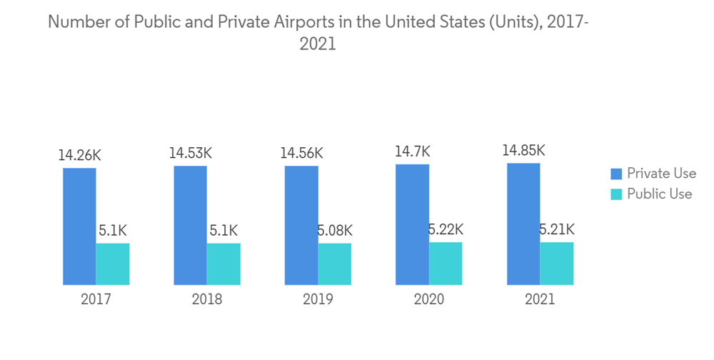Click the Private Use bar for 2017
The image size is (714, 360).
pyautogui.click(x=79, y=226)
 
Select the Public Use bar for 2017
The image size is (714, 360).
pyautogui.click(x=113, y=264)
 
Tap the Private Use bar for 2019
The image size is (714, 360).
pyautogui.click(x=301, y=225)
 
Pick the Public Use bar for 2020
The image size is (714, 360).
pyautogui.click(x=446, y=263)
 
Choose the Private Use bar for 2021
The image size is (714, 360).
pyautogui.click(x=523, y=224)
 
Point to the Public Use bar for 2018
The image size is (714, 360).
pyautogui.click(x=223, y=264)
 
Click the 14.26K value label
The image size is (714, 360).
pyautogui.click(x=80, y=154)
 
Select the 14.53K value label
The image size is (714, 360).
pyautogui.click(x=191, y=152)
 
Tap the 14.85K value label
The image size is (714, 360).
pyautogui.click(x=523, y=150)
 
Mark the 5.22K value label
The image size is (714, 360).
pyautogui.click(x=445, y=229)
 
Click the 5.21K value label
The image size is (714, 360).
pyautogui.click(x=555, y=229)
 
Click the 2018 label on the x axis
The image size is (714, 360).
pyautogui.click(x=207, y=299)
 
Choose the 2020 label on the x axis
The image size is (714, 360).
pyautogui.click(x=428, y=299)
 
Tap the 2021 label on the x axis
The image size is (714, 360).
pyautogui.click(x=539, y=299)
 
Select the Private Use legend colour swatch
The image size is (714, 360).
pyautogui.click(x=615, y=174)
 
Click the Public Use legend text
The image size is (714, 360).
pyautogui.click(x=660, y=194)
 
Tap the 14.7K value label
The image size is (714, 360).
pyautogui.click(x=413, y=151)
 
